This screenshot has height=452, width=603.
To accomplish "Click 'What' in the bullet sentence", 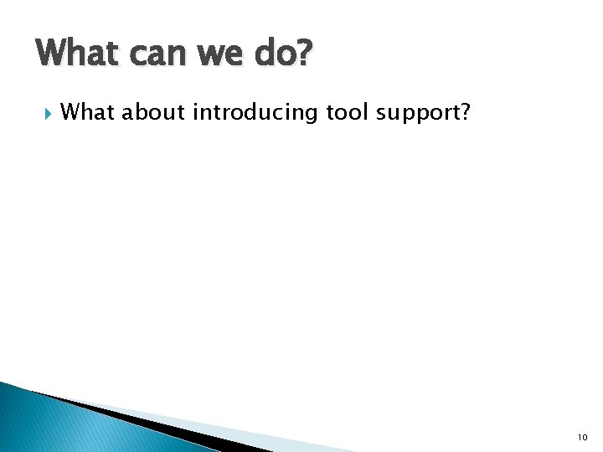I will (88, 111).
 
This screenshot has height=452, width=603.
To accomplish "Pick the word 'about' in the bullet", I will (154, 111).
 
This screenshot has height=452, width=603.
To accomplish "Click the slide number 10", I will (582, 437).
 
